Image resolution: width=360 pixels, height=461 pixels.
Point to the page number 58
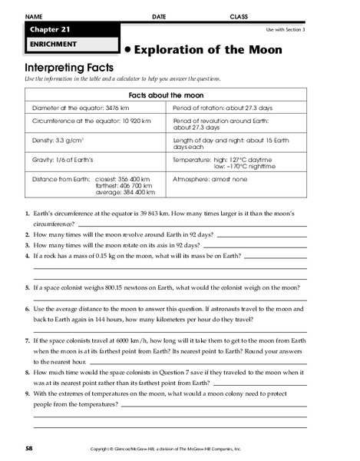[x=28, y=447]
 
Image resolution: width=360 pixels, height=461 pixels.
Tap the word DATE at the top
[x=159, y=16]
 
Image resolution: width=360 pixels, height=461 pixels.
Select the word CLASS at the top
[x=239, y=16]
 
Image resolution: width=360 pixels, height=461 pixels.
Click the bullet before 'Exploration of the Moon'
[x=127, y=50]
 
